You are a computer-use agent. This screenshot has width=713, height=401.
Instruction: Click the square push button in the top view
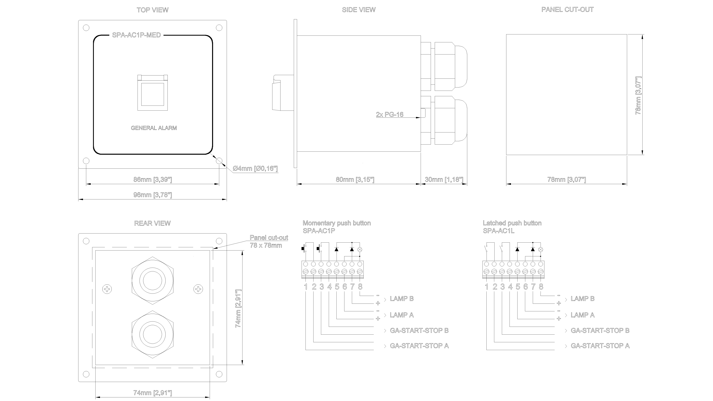(152, 93)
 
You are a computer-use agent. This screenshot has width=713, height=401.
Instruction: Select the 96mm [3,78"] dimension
(152, 195)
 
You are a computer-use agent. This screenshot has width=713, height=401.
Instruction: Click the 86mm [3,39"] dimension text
(152, 180)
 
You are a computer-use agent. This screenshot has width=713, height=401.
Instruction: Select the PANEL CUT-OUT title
(567, 10)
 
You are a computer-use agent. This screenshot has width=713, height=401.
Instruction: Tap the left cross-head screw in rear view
(107, 289)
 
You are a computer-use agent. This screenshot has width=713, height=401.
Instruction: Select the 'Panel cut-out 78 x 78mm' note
(268, 241)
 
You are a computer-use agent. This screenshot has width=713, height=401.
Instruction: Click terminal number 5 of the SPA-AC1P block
(337, 287)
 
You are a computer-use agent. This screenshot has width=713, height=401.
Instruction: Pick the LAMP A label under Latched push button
(582, 315)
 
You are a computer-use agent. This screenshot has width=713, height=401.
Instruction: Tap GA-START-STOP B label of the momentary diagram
(419, 330)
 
